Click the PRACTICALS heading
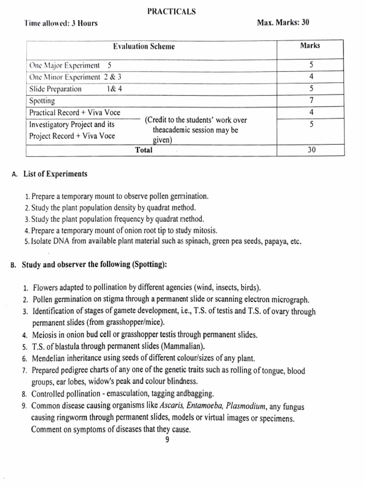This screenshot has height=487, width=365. pyautogui.click(x=172, y=12)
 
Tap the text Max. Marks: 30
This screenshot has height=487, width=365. pyautogui.click(x=283, y=22)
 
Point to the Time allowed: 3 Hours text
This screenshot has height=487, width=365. pyautogui.click(x=61, y=23)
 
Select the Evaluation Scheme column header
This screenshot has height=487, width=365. pyautogui.click(x=144, y=46)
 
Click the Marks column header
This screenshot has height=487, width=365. pyautogui.click(x=310, y=46)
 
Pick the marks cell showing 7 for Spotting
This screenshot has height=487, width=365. pyautogui.click(x=310, y=100)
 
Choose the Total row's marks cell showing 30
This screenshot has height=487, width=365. pyautogui.click(x=310, y=150)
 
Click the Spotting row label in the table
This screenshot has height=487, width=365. pyautogui.click(x=42, y=101)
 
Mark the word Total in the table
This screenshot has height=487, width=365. pyautogui.click(x=144, y=150)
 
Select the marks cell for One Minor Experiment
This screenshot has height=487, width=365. pyautogui.click(x=310, y=77)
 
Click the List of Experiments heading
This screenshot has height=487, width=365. pyautogui.click(x=55, y=174)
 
